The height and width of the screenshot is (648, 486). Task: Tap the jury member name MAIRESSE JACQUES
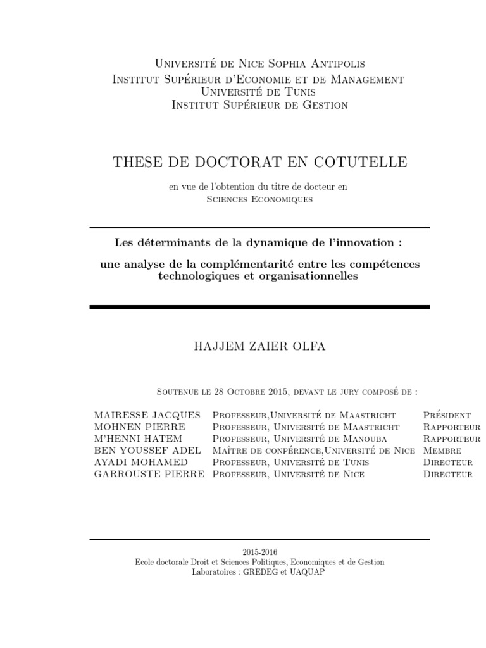click(x=147, y=415)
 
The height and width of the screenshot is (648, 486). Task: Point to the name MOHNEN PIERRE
click(x=139, y=427)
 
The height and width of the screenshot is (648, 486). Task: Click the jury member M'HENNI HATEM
click(x=138, y=439)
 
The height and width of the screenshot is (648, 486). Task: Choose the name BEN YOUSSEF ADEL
click(x=147, y=451)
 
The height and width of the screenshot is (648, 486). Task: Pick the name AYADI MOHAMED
click(x=140, y=462)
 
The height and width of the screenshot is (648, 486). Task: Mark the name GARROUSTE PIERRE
click(x=149, y=474)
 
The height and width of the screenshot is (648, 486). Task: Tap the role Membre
click(x=442, y=451)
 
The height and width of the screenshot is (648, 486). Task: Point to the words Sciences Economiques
click(x=259, y=199)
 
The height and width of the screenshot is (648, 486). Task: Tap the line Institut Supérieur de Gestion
click(x=259, y=105)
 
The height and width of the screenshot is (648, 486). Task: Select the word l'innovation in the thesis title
click(x=363, y=242)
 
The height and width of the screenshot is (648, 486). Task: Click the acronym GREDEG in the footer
click(x=258, y=571)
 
